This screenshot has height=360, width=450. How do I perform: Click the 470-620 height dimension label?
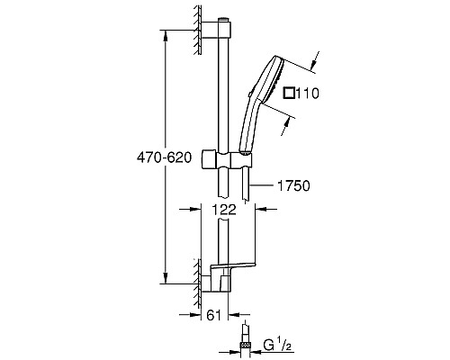point(164,157)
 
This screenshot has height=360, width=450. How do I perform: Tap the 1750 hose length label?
point(293,185)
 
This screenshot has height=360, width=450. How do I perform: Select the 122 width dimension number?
point(224,210)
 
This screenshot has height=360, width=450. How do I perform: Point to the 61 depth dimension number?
point(214,315)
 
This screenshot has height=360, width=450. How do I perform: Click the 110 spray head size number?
point(308,94)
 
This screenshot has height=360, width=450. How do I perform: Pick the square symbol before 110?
point(290,93)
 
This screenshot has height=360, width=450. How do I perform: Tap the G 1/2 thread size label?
point(277,345)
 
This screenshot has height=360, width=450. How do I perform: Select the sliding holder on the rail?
point(226,158)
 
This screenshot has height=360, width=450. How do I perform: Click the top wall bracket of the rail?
point(216,30)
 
